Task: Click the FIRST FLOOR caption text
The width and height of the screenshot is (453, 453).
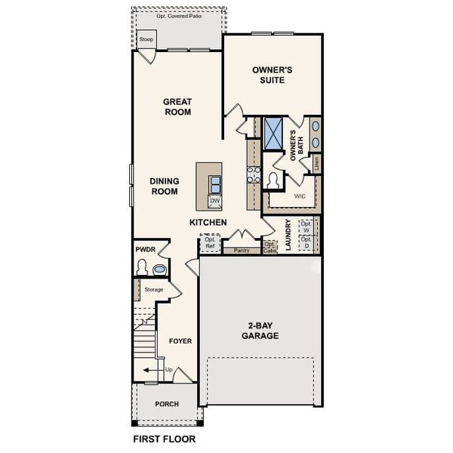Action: [x=164, y=439]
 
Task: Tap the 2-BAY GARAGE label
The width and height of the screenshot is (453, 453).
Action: [x=260, y=331]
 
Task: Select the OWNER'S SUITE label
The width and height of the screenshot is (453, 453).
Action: [x=272, y=75]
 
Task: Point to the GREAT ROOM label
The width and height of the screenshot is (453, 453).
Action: [x=177, y=106]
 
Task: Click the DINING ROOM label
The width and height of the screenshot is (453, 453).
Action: [x=163, y=186]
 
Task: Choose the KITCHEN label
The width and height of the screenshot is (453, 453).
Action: [x=208, y=223]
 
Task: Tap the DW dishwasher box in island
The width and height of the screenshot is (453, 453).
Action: [x=214, y=201]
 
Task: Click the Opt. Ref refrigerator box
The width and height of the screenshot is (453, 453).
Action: [x=210, y=243]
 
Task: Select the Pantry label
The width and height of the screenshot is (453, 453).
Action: [x=242, y=250]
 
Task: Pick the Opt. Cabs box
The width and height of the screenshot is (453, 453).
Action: [x=270, y=246]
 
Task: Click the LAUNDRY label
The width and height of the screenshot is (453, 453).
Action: [x=288, y=235]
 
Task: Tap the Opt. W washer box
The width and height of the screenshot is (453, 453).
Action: [x=306, y=226]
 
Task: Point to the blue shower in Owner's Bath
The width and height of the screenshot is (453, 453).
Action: [x=273, y=131]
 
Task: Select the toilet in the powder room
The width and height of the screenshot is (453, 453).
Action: [x=142, y=267]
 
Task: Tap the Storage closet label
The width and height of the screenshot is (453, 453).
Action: [x=153, y=289]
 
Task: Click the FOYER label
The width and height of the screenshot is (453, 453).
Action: [x=180, y=341]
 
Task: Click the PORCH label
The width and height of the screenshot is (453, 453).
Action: [x=167, y=404]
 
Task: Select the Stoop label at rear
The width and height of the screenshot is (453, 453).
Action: [x=146, y=39]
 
